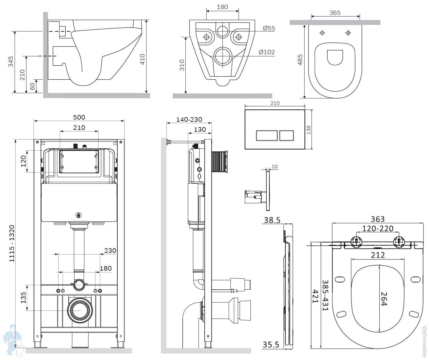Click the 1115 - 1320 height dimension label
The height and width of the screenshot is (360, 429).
(12, 243)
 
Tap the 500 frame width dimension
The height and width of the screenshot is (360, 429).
(79, 117)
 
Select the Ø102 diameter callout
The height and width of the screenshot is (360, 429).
(267, 52)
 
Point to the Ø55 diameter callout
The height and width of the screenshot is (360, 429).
(269, 28)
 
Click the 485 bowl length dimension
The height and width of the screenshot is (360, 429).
(300, 60)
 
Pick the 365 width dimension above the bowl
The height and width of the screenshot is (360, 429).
(335, 13)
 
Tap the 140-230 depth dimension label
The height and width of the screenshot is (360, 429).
(189, 119)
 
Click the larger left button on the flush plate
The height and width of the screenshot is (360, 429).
(267, 135)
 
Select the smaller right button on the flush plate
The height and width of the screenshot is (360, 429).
(287, 135)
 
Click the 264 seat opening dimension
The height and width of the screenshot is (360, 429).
(384, 299)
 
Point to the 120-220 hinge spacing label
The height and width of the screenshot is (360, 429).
(378, 229)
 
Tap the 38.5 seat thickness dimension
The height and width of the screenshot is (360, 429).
(272, 220)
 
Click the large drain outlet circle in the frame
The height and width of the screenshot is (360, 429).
(80, 310)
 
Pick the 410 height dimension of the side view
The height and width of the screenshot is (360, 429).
(142, 59)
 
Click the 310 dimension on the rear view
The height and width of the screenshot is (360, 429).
(182, 65)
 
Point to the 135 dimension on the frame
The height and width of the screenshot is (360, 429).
(23, 298)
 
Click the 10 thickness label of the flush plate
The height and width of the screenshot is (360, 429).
(274, 167)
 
